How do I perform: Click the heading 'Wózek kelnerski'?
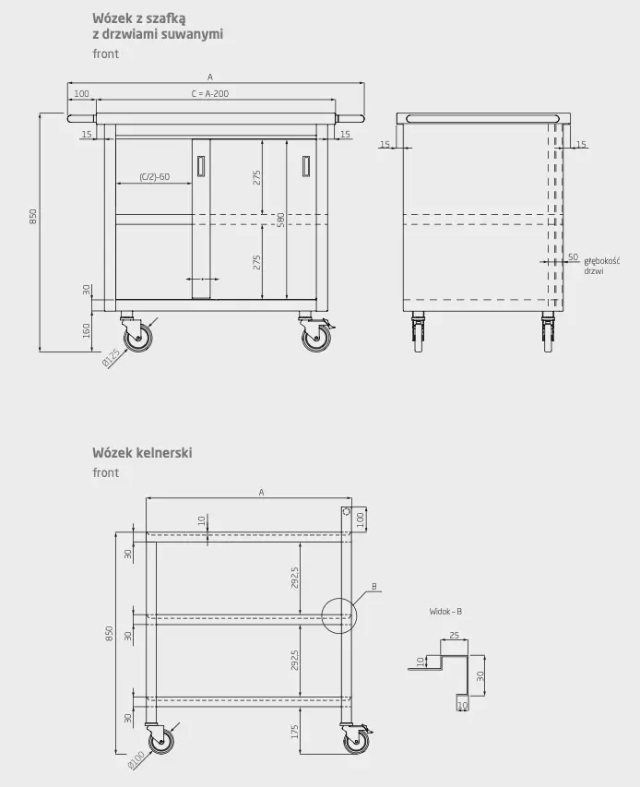click(x=142, y=453)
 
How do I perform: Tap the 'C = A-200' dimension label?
click(x=210, y=93)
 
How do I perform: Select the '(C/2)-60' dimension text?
click(x=155, y=176)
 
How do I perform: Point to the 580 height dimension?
click(x=281, y=220)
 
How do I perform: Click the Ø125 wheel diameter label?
click(x=112, y=358)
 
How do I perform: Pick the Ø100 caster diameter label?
click(x=136, y=760)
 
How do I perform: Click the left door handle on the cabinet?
click(x=201, y=166)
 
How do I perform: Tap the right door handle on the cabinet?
click(x=305, y=166)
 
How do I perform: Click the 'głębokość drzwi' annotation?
click(x=601, y=266)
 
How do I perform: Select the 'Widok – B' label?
click(x=445, y=612)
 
